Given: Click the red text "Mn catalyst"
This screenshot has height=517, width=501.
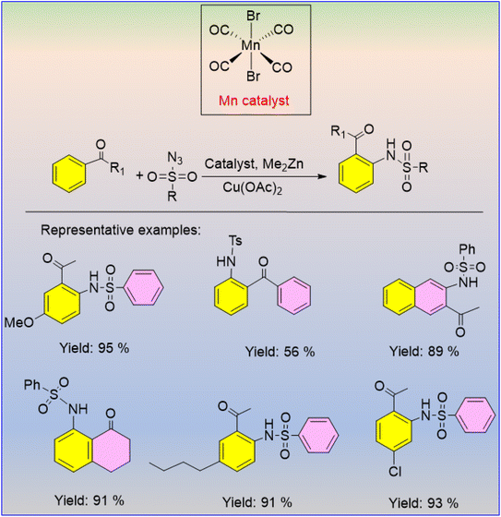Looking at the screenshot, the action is click(x=254, y=101).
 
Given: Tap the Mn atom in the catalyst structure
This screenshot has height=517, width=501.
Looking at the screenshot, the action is click(x=251, y=45).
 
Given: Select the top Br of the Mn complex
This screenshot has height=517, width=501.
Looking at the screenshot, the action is click(x=253, y=16).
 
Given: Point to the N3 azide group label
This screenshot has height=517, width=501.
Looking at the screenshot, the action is click(x=174, y=158).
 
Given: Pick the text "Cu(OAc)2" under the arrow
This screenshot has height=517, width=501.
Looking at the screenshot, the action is click(x=252, y=188).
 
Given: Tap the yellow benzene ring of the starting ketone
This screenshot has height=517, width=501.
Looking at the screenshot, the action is click(x=69, y=174).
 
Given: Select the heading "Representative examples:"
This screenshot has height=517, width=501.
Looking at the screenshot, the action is click(x=121, y=230).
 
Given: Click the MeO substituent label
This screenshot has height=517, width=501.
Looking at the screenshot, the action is click(x=19, y=322).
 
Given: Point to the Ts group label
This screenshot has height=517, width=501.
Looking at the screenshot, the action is click(x=235, y=241).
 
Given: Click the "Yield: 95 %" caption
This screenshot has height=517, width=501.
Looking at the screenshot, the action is click(x=94, y=348).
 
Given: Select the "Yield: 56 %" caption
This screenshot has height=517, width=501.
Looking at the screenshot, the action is click(x=280, y=352).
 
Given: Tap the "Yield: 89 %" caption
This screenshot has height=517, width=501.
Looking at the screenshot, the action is click(x=424, y=351).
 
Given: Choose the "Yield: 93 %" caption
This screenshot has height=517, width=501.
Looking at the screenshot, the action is click(x=423, y=503).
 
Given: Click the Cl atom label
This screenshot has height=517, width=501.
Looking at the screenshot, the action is click(x=395, y=472).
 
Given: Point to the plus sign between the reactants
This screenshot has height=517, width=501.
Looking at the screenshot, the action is click(x=139, y=175).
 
